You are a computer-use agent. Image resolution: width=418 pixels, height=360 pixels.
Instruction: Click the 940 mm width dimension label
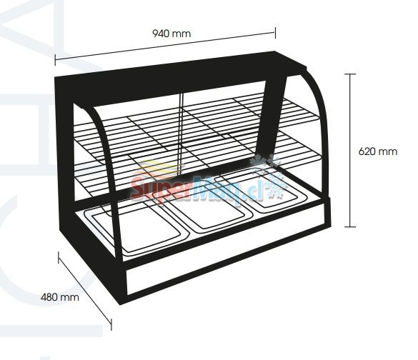[x=171, y=34]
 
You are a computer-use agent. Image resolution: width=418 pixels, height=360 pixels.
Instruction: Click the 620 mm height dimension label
[x=378, y=151]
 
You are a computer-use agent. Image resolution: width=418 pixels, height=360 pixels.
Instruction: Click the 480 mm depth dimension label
[x=60, y=297]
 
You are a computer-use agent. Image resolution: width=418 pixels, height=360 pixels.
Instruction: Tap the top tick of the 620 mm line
[x=350, y=74]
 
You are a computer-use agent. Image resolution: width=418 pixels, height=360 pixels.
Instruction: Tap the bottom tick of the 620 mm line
[x=350, y=226]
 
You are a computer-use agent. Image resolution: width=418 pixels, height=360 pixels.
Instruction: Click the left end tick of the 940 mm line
[x=55, y=60]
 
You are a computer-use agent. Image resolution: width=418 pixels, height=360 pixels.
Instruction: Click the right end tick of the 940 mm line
[x=275, y=33]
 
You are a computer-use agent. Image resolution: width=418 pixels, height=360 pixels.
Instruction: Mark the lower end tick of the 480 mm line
[x=111, y=324]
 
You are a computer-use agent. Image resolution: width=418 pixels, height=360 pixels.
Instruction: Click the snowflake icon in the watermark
[x=269, y=176]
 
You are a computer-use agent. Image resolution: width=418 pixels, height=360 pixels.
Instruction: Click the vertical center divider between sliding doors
[x=181, y=134]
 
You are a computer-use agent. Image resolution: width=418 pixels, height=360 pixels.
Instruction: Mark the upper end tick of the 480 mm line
[x=59, y=257]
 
